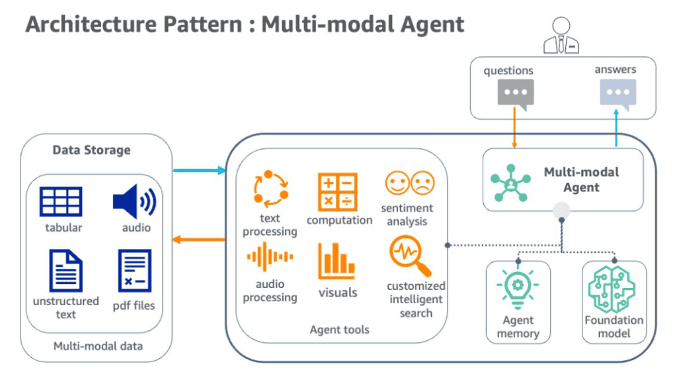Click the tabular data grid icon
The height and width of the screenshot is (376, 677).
tap(61, 202)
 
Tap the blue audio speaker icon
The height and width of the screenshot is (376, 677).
tap(134, 202)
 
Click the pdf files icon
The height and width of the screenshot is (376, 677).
tap(135, 271)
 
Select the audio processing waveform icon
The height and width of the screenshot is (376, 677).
tap(270, 258)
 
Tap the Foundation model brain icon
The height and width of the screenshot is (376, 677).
tap(612, 290)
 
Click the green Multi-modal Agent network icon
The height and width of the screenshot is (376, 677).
tap(510, 179)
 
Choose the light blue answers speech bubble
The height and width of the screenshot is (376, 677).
tap(617, 93)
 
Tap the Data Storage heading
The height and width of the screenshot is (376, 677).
tap(91, 150)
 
